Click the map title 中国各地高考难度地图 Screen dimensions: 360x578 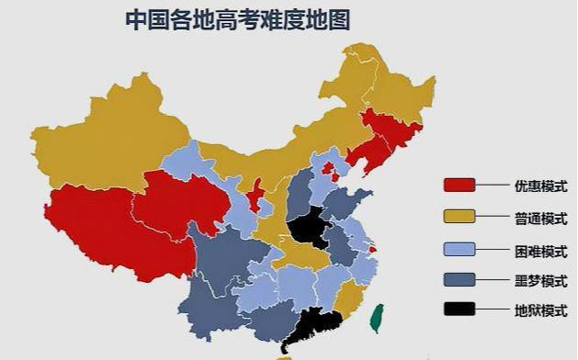coord(237,19)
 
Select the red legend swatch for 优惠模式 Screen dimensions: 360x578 coord(459,185)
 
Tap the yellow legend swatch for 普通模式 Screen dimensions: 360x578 coord(459,217)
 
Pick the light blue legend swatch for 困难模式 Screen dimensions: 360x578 coord(459,249)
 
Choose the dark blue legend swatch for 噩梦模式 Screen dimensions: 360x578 coord(459,279)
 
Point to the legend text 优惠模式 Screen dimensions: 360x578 coord(540,186)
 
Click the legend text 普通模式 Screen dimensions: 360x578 coord(540,218)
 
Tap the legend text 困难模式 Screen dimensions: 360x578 coord(540,250)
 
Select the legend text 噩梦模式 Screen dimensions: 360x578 coord(540,280)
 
